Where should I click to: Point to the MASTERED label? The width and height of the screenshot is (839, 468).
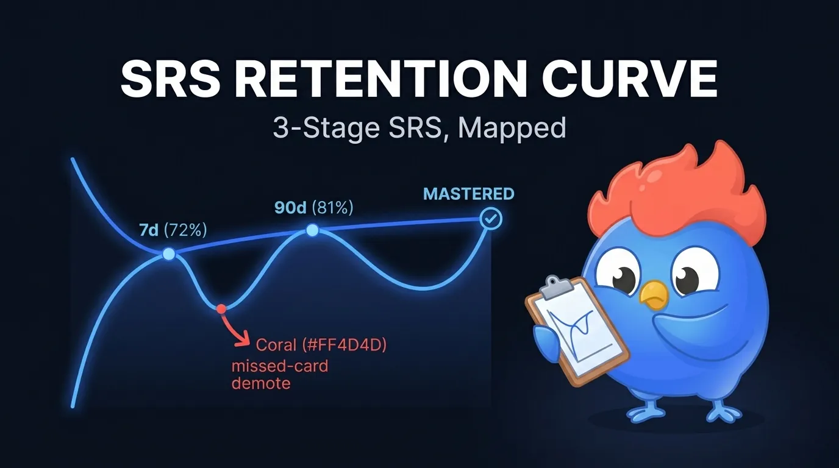(x=469, y=194)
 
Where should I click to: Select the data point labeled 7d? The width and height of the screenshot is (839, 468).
(x=169, y=254)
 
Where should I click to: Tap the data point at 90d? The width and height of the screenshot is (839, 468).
(x=312, y=230)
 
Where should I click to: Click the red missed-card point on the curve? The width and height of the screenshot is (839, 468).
(x=221, y=309)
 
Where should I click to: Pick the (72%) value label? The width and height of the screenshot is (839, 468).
(x=186, y=231)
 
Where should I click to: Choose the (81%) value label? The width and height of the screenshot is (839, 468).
(x=332, y=207)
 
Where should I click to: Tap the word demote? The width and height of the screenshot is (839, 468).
(x=260, y=384)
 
